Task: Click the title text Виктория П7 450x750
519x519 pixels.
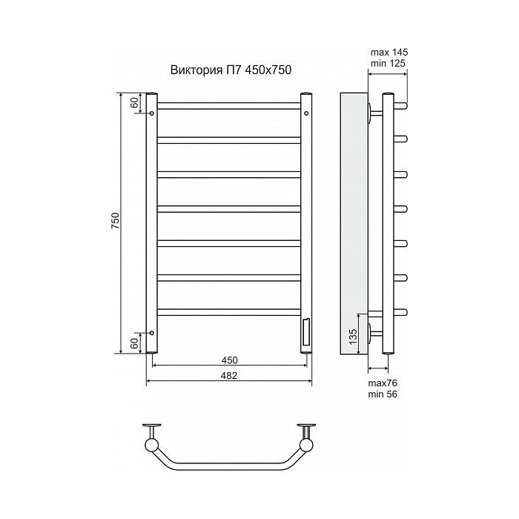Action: coord(231,70)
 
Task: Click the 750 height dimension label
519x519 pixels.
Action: coord(115,221)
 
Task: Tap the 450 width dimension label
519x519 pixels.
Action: coord(230,360)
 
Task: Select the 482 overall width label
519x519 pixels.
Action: coord(229,376)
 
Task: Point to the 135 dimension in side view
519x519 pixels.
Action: coord(353,336)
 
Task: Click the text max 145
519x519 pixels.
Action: coord(389,53)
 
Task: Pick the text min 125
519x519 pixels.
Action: coord(388,63)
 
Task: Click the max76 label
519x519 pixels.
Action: coord(383,383)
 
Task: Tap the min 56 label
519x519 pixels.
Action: coord(383,394)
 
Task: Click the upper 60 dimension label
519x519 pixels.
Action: coord(134,103)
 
